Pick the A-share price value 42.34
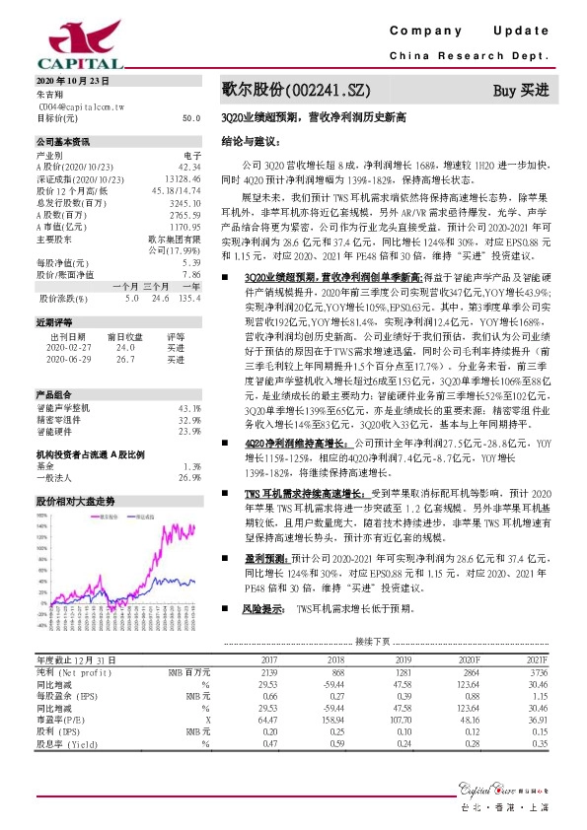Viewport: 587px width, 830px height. (190, 167)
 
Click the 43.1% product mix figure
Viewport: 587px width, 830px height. (189, 407)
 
